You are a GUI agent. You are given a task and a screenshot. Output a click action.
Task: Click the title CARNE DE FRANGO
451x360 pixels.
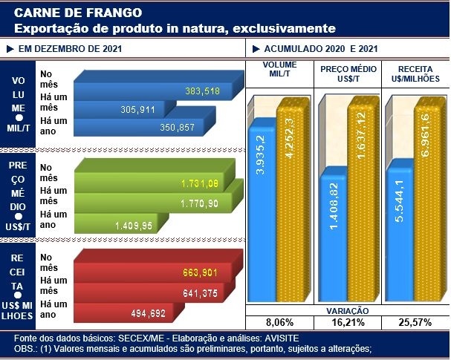59,13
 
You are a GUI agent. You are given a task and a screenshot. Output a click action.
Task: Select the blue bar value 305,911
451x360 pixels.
137,110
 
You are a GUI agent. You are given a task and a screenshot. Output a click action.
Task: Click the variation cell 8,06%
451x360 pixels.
280,323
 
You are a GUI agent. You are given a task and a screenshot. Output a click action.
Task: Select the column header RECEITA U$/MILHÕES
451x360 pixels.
415,71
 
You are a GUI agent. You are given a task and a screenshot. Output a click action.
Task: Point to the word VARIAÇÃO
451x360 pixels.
347,311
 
